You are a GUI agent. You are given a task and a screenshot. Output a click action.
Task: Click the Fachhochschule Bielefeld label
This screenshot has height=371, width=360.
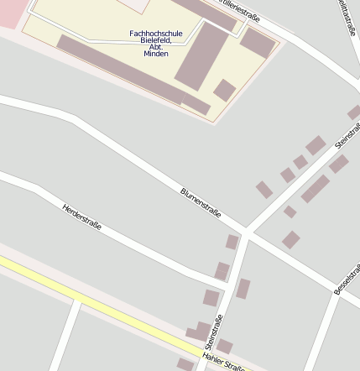(x=149, y=43)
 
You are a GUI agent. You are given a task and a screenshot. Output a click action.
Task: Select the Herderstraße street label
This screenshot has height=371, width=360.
(x=81, y=217)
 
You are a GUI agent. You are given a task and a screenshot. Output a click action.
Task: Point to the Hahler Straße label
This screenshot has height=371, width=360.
(x=223, y=363)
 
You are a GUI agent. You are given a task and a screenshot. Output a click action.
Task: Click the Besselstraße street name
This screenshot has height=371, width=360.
(x=347, y=279)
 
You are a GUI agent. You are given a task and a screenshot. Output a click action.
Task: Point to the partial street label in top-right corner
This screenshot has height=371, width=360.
(x=346, y=17)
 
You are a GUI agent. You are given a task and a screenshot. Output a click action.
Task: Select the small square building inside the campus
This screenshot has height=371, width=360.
(x=224, y=90)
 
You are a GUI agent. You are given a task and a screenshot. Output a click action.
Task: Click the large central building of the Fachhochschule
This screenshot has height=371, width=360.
(x=201, y=56)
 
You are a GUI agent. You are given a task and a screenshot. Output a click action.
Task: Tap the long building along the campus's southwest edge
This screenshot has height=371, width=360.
(x=122, y=70)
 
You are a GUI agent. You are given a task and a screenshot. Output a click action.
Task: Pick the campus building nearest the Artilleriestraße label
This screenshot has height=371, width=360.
(x=257, y=43)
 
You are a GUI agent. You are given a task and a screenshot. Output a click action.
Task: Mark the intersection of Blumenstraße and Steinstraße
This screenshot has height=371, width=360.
(x=247, y=232)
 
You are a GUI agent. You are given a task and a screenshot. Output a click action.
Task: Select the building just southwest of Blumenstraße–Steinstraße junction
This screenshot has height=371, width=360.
(x=232, y=243)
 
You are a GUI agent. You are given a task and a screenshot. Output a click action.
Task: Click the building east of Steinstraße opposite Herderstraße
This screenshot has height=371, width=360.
(x=243, y=289)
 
